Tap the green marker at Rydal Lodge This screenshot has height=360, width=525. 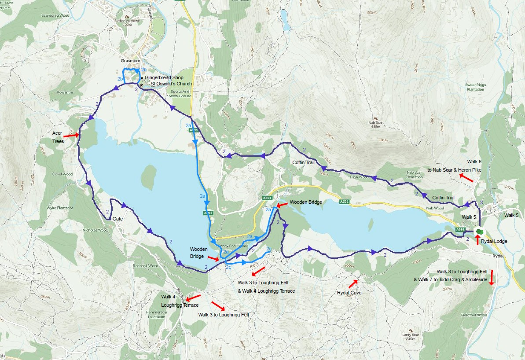coord(480,231)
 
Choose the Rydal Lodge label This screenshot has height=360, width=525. coord(494,241)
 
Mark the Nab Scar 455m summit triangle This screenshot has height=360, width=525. coord(375,118)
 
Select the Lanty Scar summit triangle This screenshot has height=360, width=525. coord(411,330)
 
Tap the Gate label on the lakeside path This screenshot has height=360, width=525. coord(117,219)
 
